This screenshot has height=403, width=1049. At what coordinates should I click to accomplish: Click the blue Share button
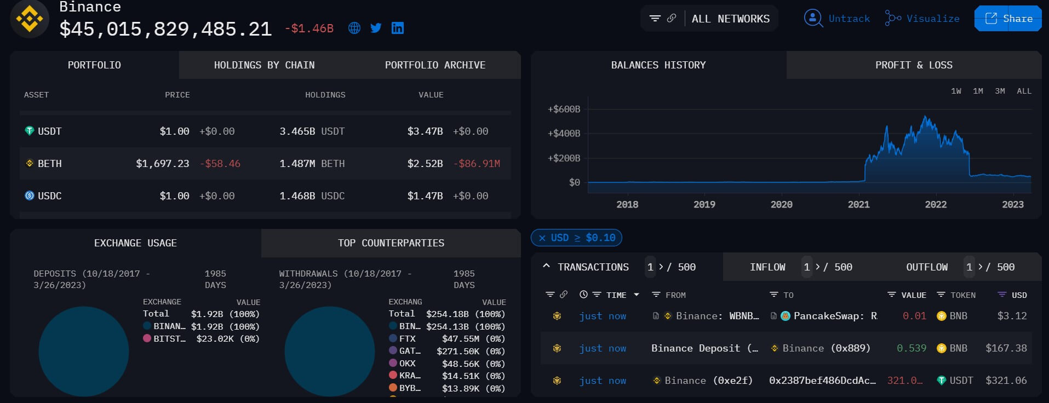[1008, 19]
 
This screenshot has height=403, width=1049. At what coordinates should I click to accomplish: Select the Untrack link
[849, 19]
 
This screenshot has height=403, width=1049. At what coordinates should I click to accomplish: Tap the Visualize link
[932, 19]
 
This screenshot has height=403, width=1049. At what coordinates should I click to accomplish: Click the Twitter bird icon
[376, 28]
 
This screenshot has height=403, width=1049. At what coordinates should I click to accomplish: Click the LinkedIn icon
[398, 28]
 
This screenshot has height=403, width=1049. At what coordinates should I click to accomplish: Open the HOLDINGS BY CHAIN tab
[264, 65]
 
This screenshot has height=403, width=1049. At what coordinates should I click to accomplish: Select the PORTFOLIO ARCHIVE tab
[435, 65]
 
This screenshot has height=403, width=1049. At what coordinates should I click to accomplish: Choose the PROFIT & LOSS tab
[913, 65]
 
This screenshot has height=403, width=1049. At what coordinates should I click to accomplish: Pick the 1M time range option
[978, 91]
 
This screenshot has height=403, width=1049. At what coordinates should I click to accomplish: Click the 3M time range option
[1000, 91]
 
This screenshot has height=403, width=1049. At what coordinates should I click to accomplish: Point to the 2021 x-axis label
[858, 204]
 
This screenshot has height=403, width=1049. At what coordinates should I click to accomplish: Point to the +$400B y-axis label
[564, 133]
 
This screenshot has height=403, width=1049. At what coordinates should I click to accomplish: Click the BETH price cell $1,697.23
[163, 164]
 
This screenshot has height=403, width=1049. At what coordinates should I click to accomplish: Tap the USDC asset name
[49, 196]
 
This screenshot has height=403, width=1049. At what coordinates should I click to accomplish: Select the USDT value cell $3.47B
[425, 131]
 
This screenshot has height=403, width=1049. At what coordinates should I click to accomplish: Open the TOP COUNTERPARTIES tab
[391, 243]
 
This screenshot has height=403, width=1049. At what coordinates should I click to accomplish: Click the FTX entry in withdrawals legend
[407, 339]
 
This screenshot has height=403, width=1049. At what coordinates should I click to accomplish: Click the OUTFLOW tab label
[926, 267]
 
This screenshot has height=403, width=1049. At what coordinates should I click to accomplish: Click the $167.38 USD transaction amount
[1006, 348]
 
